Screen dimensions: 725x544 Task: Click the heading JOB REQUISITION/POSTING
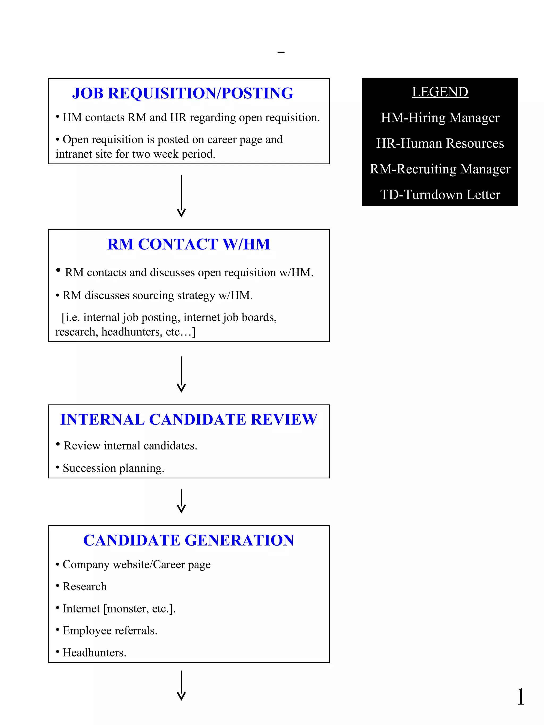click(x=183, y=93)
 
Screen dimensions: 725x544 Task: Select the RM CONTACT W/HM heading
click(x=189, y=244)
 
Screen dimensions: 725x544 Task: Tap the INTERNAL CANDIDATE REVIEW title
click(x=189, y=419)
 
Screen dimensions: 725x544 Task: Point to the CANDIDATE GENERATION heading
click(x=189, y=540)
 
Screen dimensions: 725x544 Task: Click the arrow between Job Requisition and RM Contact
click(x=181, y=196)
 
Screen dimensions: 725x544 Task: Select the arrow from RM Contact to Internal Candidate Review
click(x=181, y=374)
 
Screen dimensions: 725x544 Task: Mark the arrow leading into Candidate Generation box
click(x=181, y=501)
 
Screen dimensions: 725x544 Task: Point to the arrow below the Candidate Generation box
click(x=181, y=685)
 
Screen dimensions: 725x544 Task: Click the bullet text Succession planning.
click(x=113, y=468)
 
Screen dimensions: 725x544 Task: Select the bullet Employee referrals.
click(x=110, y=630)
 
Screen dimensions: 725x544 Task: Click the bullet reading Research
click(x=84, y=586)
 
